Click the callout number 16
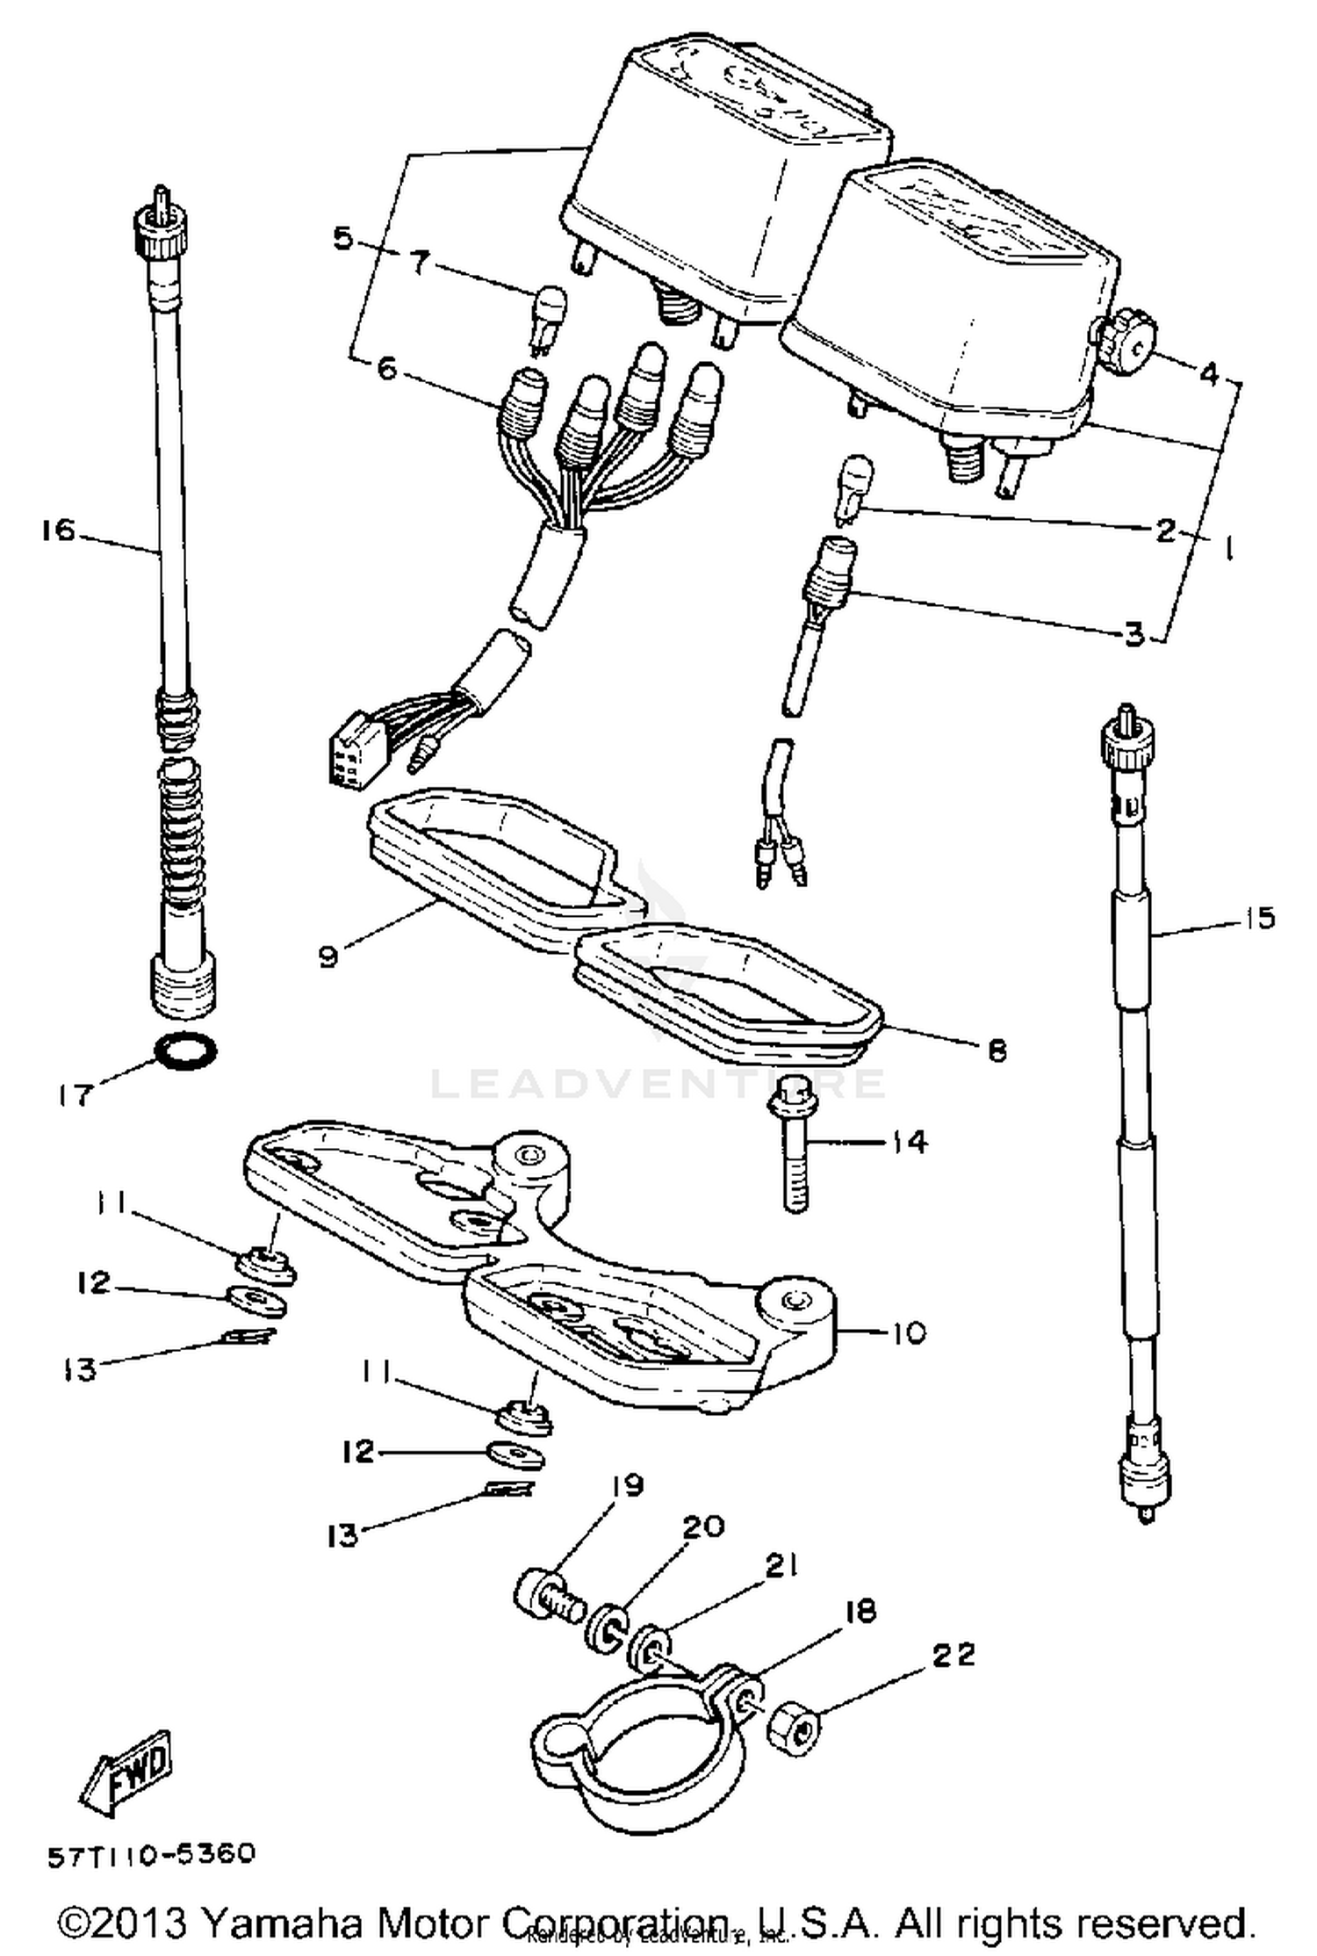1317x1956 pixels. [x=58, y=531]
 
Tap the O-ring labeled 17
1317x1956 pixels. [x=186, y=1050]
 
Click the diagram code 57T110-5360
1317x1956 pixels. [x=151, y=1855]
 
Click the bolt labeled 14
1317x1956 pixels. [x=793, y=1143]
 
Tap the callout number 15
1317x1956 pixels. [x=1258, y=919]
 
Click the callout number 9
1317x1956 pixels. [x=327, y=956]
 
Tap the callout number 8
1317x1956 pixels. [x=997, y=1050]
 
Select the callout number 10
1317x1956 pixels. [x=908, y=1333]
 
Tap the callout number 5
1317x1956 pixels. [x=342, y=238]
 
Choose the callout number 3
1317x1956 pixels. [x=1134, y=634]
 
